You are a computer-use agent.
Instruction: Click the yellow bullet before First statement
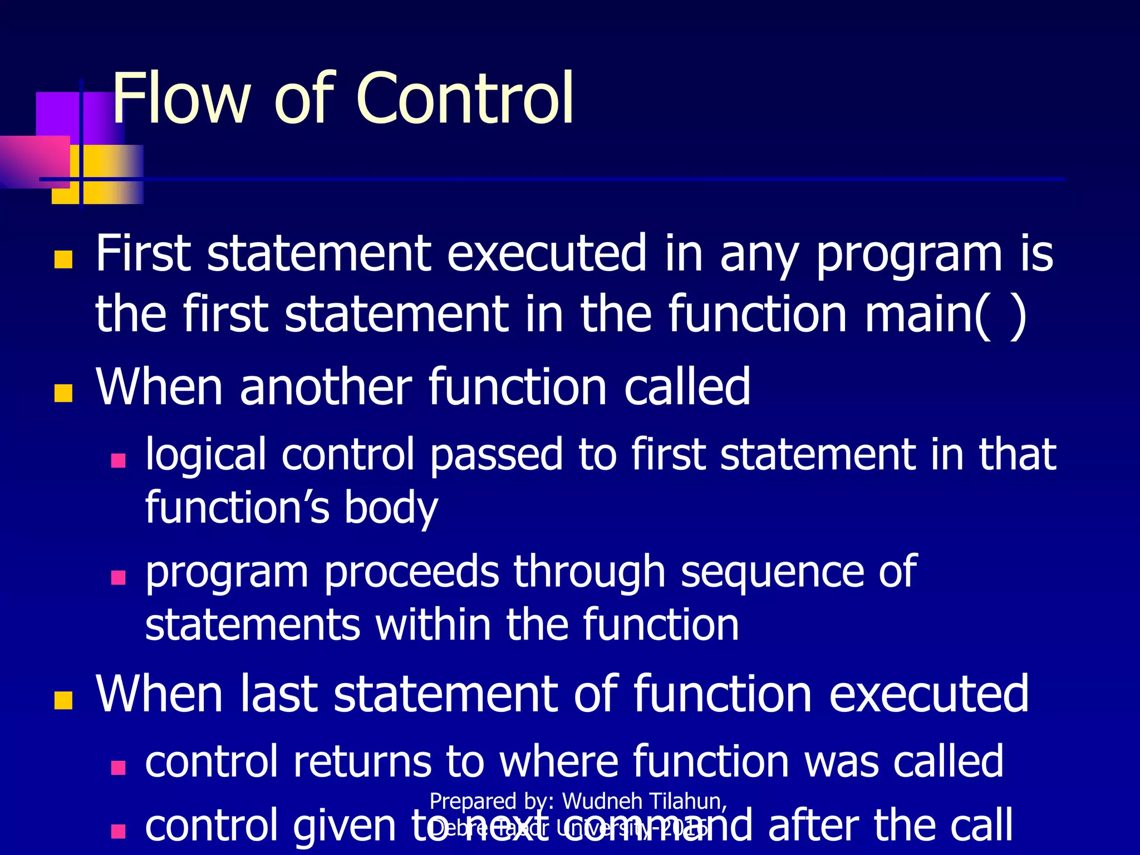pyautogui.click(x=63, y=259)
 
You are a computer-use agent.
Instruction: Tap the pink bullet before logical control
pyautogui.click(x=118, y=460)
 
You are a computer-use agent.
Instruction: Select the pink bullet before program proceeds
pyautogui.click(x=118, y=577)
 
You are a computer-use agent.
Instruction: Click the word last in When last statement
pyautogui.click(x=278, y=694)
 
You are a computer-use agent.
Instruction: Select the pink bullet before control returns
pyautogui.click(x=118, y=768)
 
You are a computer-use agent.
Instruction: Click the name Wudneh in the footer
pyautogui.click(x=601, y=802)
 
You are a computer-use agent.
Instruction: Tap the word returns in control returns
pyautogui.click(x=362, y=761)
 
